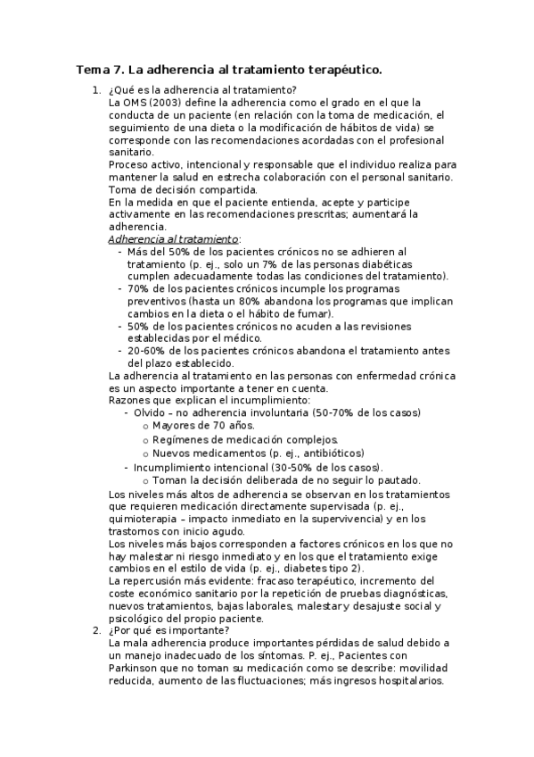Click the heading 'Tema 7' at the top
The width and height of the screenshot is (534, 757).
pos(99,70)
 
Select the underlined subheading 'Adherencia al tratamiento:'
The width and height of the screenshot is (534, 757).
pos(175,239)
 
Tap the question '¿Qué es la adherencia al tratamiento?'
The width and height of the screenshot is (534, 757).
pos(202,90)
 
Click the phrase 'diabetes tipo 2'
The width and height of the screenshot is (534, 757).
pos(325,569)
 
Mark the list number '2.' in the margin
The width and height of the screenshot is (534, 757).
pos(96,630)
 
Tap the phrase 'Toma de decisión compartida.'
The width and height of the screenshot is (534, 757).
pos(183,189)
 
